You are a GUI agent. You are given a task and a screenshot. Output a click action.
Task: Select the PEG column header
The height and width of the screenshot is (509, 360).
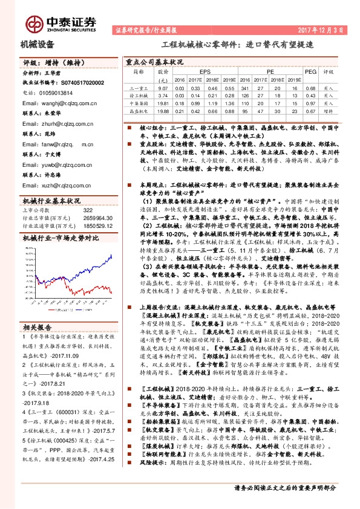pos(310,71)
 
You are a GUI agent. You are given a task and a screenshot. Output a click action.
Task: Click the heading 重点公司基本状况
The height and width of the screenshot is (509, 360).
pos(154,62)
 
